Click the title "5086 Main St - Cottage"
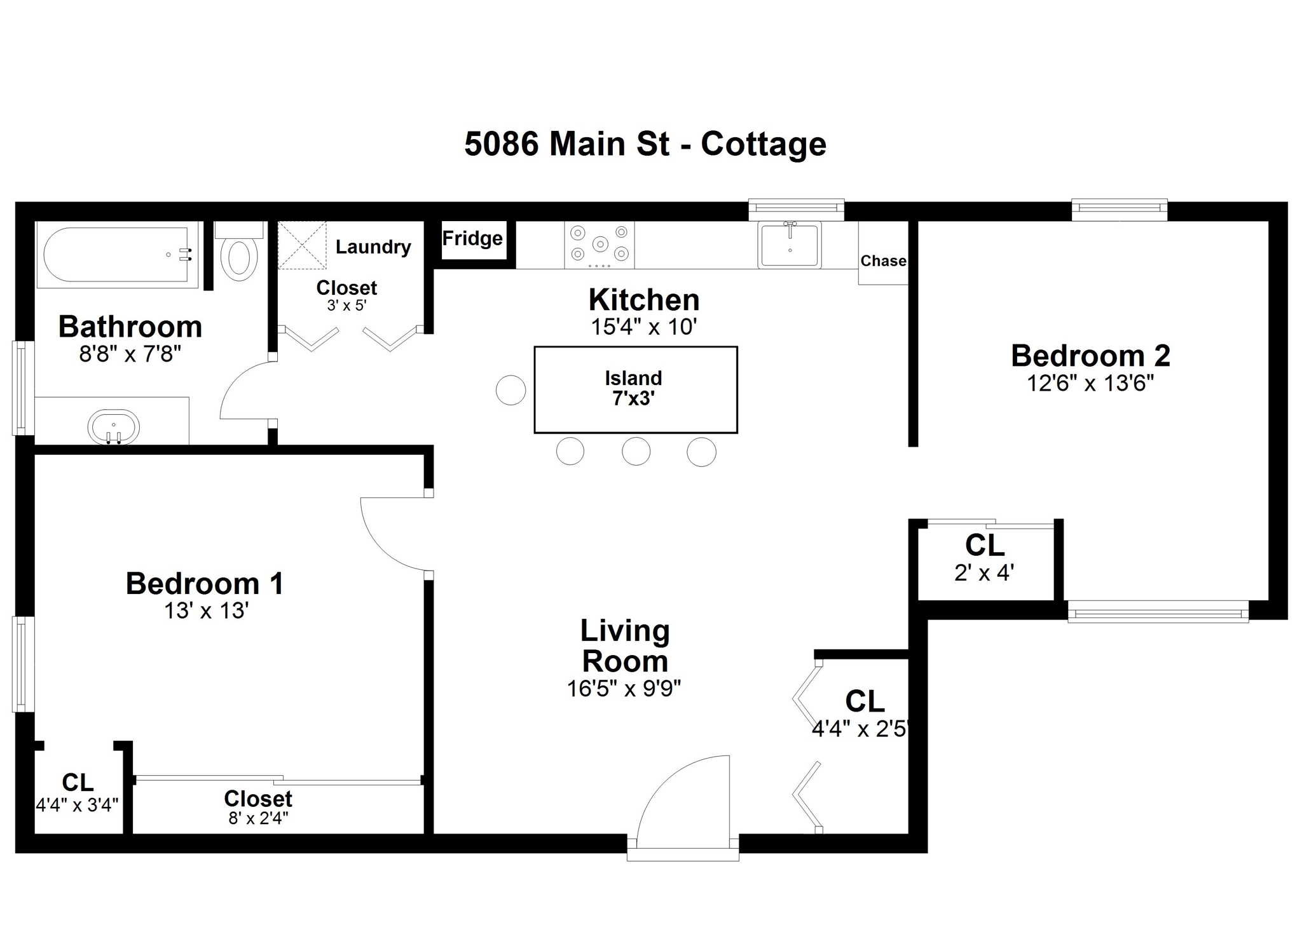tap(645, 144)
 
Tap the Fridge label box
tap(474, 240)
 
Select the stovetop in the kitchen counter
tap(600, 245)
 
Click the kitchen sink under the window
tap(790, 245)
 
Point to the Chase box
tap(883, 253)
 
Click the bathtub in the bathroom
tap(117, 254)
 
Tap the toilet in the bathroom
tap(239, 252)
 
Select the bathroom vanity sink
tap(113, 427)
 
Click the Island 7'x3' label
tap(634, 388)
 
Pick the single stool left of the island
tap(511, 389)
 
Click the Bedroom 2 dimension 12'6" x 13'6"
tap(1090, 383)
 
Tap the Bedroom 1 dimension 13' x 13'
tap(206, 611)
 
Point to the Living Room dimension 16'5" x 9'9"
tap(624, 688)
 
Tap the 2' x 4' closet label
tap(983, 573)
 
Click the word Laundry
tap(373, 247)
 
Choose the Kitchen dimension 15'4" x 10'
tap(644, 327)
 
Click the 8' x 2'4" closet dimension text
tap(258, 818)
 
